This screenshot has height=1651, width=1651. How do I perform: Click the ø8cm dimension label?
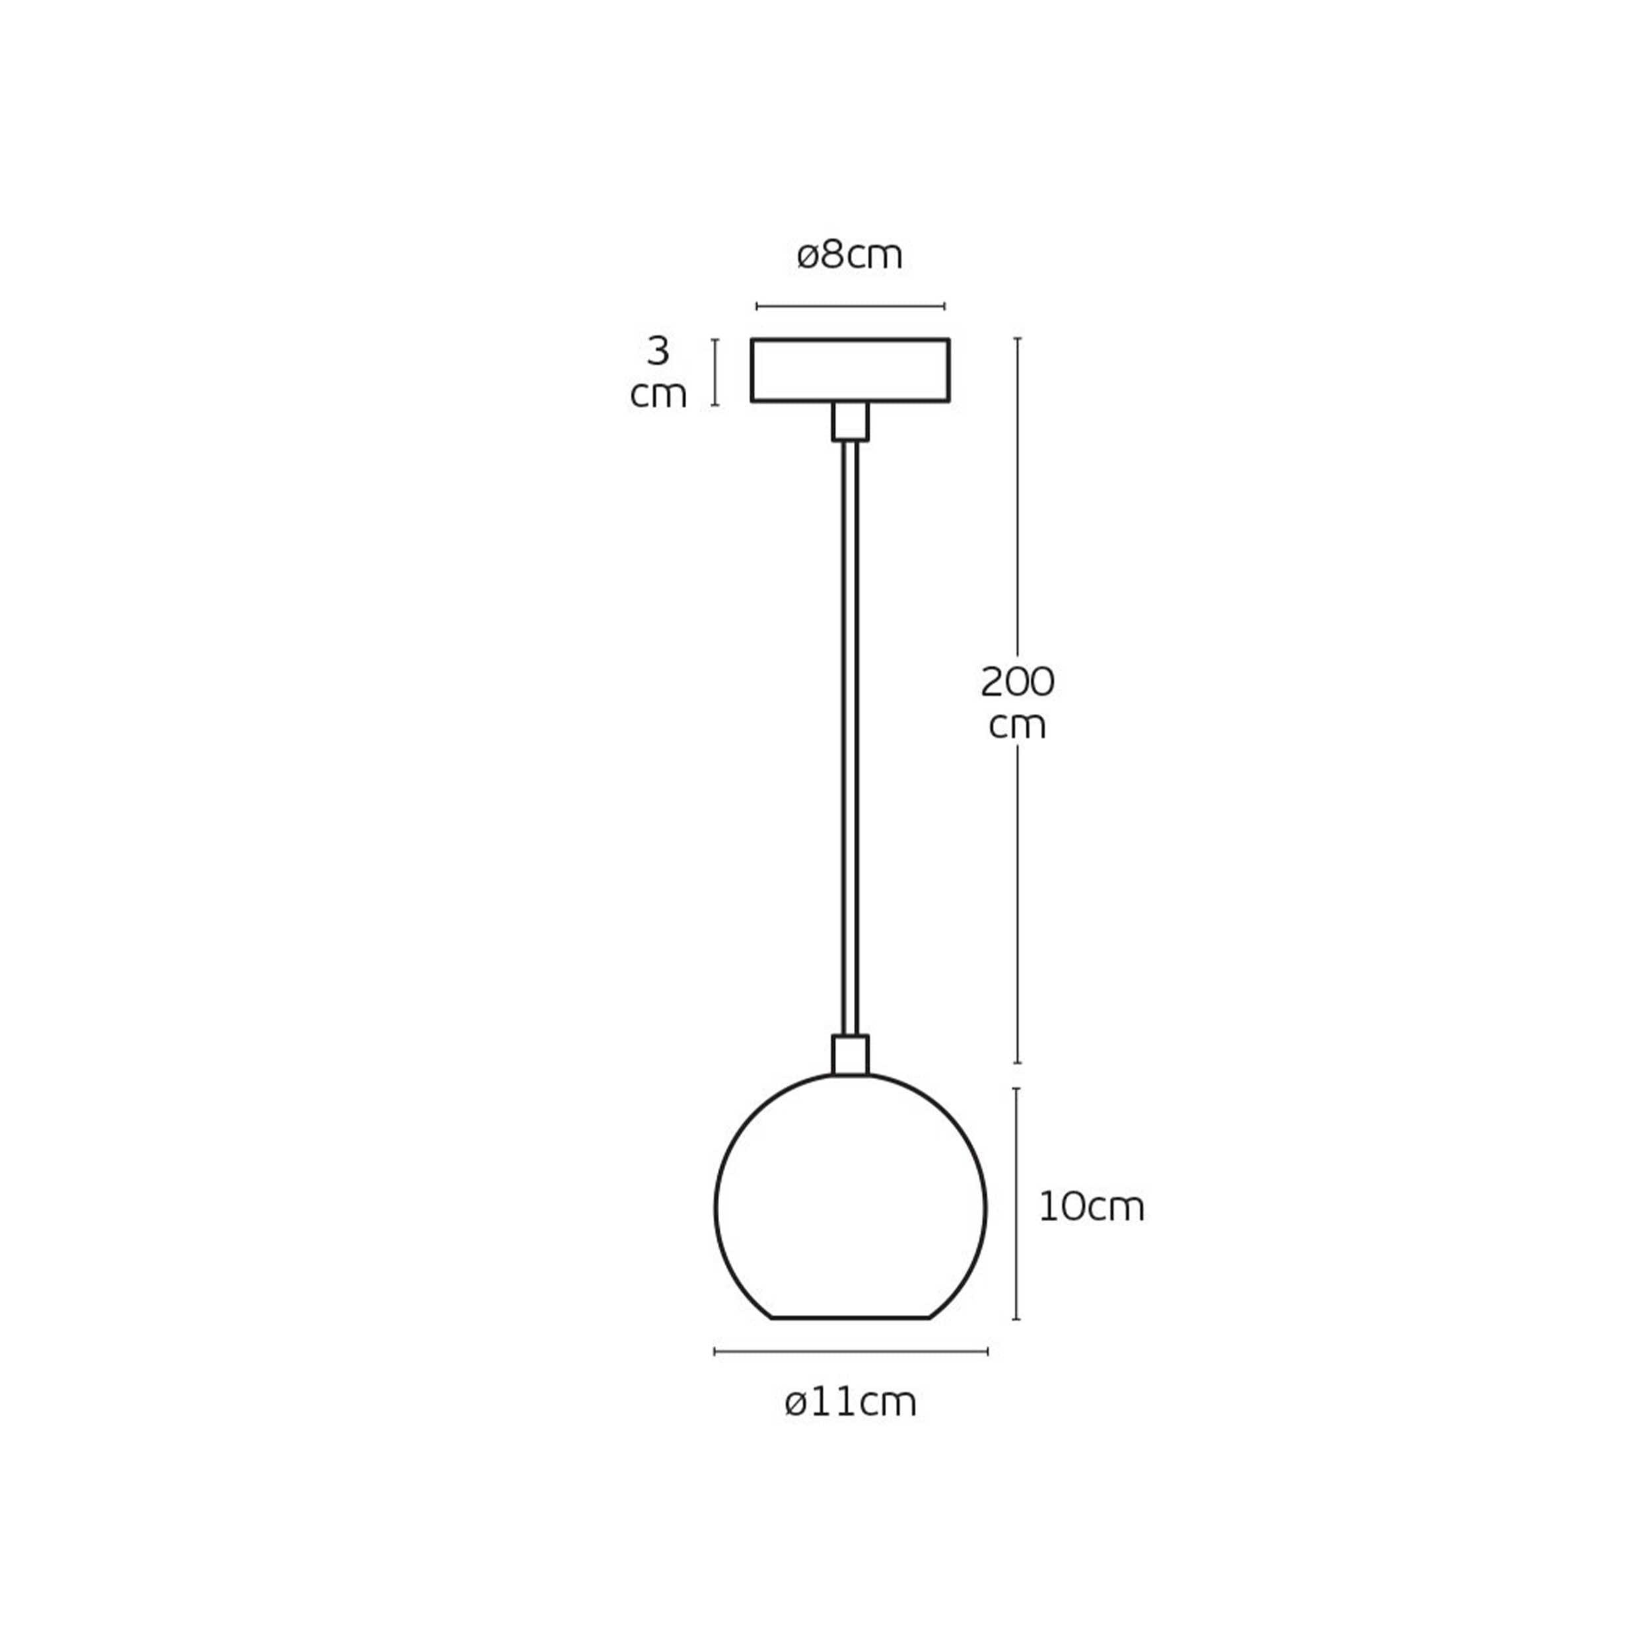849,256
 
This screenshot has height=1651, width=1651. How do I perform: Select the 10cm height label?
1091,1207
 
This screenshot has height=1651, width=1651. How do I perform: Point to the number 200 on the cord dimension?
1017,682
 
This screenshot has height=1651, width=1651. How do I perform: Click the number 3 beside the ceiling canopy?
658,351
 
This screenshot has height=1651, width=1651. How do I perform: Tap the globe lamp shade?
716,1207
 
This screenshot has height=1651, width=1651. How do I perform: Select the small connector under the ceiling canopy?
851,421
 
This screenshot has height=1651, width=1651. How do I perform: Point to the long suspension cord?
851,738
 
